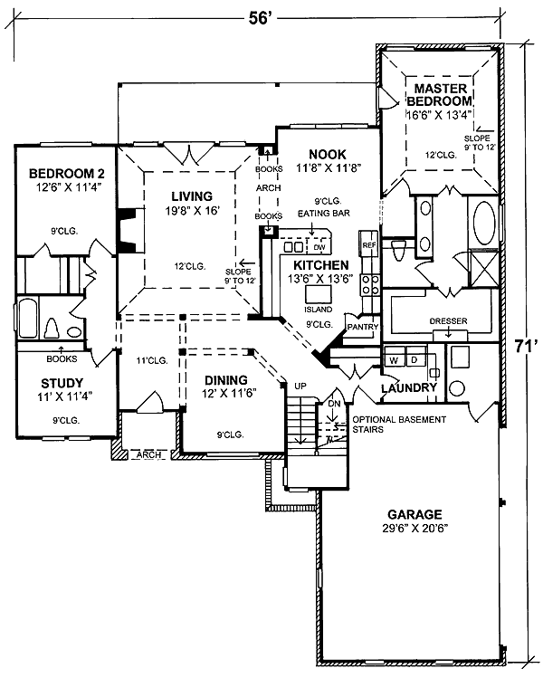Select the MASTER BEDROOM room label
click(440, 94)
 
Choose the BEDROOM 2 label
click(56, 175)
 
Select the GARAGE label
click(416, 511)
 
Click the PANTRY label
click(362, 327)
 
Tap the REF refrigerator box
click(368, 245)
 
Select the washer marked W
click(393, 359)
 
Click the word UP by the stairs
click(301, 387)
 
